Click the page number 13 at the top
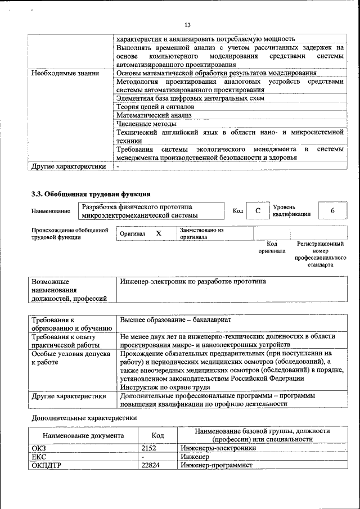point(187,25)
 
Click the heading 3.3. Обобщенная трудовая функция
point(91,194)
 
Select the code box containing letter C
point(258,210)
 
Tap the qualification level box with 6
point(332,210)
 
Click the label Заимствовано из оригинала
point(201,233)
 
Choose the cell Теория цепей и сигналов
point(155,106)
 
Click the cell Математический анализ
point(154,115)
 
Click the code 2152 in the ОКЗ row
point(148,448)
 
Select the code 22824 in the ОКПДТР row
point(151,465)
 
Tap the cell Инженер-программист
point(217,465)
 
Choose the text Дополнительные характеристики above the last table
point(84,418)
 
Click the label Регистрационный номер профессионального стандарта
point(320,254)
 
